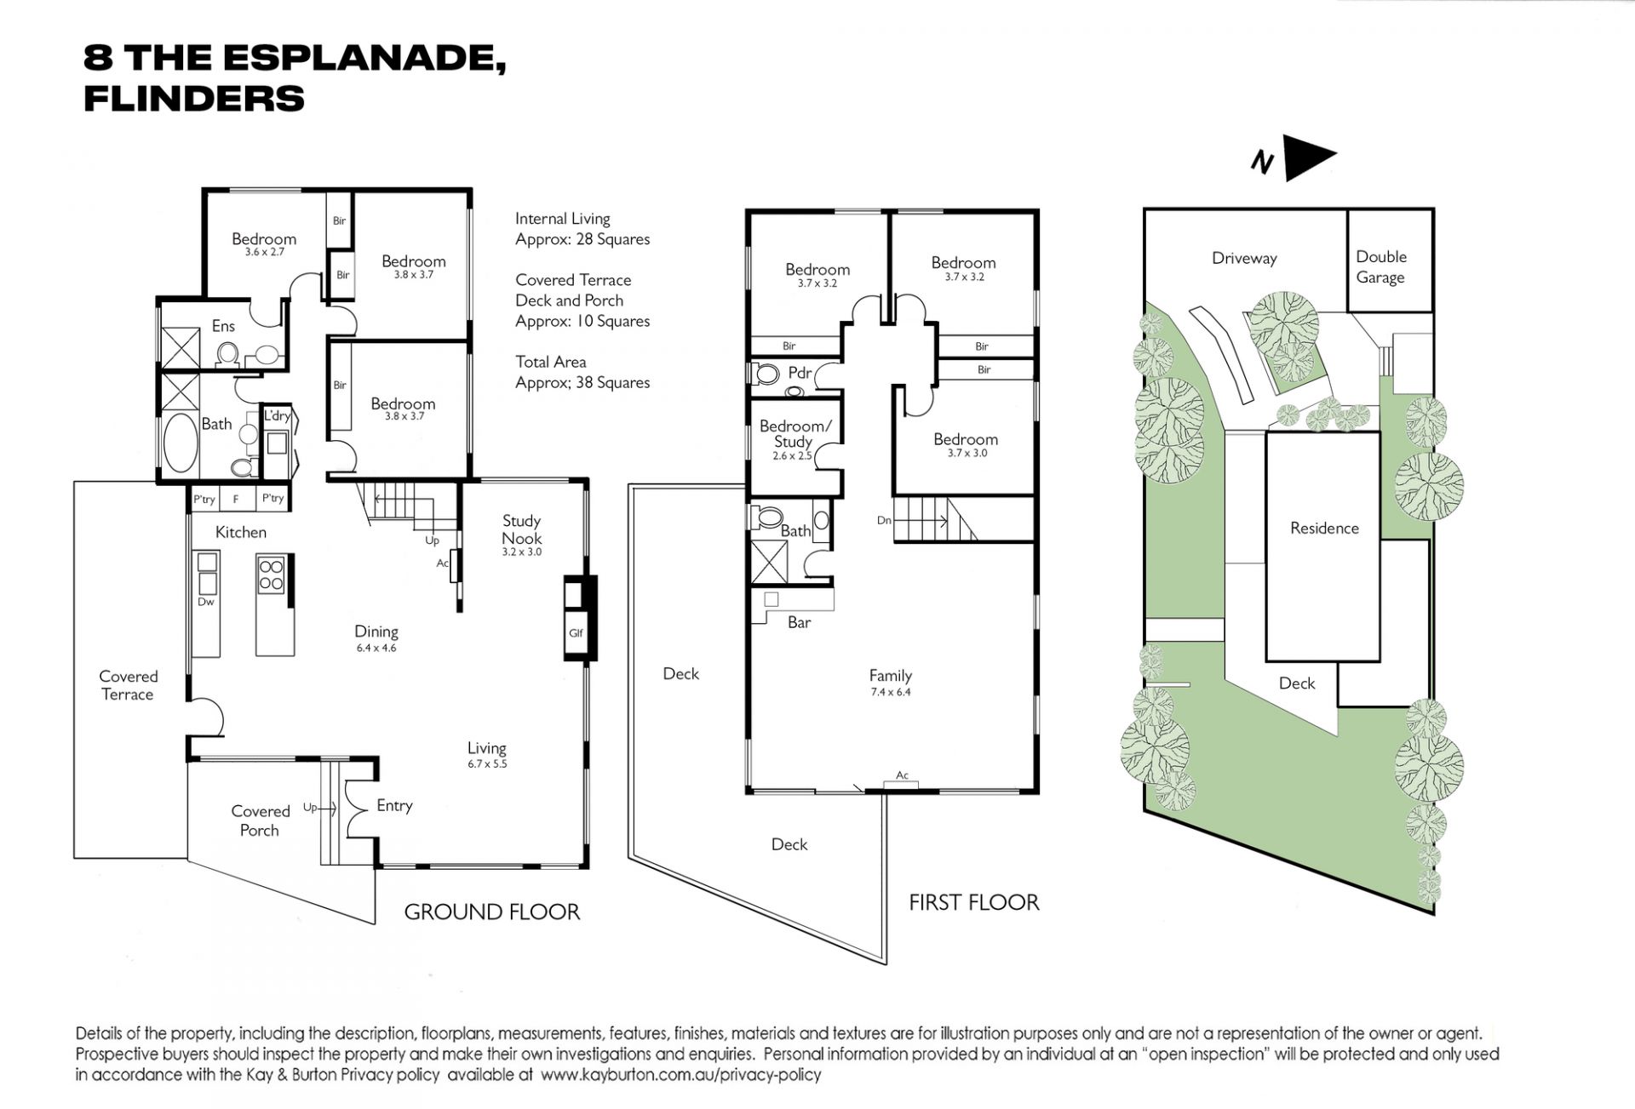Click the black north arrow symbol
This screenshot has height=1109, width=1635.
click(1307, 157)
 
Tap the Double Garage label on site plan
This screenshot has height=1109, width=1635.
click(1381, 266)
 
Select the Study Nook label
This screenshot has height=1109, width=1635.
click(521, 529)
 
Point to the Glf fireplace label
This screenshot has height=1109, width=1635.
click(576, 633)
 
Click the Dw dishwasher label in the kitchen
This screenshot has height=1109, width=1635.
click(205, 602)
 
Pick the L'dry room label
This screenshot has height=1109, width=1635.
click(278, 416)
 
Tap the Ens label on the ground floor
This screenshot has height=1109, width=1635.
click(223, 326)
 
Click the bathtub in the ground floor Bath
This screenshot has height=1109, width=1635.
click(180, 443)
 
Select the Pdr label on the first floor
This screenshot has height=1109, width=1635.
click(800, 373)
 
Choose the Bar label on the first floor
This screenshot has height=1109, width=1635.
click(799, 622)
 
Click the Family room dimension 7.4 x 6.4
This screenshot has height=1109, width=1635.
click(891, 692)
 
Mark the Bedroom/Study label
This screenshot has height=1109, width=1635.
click(795, 433)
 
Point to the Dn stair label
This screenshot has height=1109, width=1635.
click(884, 520)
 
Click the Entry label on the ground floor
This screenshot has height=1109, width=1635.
click(394, 805)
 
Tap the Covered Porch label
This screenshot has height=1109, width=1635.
click(261, 820)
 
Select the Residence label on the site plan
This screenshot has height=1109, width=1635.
click(1324, 528)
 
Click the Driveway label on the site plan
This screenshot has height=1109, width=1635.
click(1244, 258)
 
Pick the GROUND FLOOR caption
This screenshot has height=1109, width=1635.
click(491, 912)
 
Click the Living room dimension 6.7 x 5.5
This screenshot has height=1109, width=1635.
click(486, 764)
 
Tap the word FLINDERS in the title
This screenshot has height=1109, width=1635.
click(194, 99)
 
